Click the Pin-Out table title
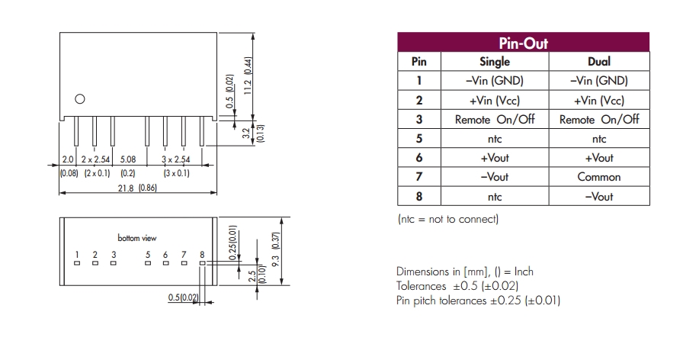(x=523, y=43)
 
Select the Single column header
(x=494, y=62)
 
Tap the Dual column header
(x=599, y=62)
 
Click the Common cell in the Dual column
(x=599, y=177)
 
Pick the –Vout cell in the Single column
(x=494, y=177)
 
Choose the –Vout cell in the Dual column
(x=599, y=196)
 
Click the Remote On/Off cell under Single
(x=494, y=119)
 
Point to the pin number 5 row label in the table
(x=419, y=139)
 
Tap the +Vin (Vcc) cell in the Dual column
(x=599, y=100)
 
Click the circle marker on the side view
(x=79, y=99)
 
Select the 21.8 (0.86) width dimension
(x=137, y=188)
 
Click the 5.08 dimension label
(x=128, y=159)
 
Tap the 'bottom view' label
(x=137, y=237)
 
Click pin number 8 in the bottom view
(x=201, y=254)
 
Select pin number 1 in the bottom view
(x=77, y=254)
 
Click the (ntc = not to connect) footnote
(x=448, y=220)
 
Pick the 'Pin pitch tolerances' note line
(x=478, y=301)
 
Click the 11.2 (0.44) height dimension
(x=248, y=77)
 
